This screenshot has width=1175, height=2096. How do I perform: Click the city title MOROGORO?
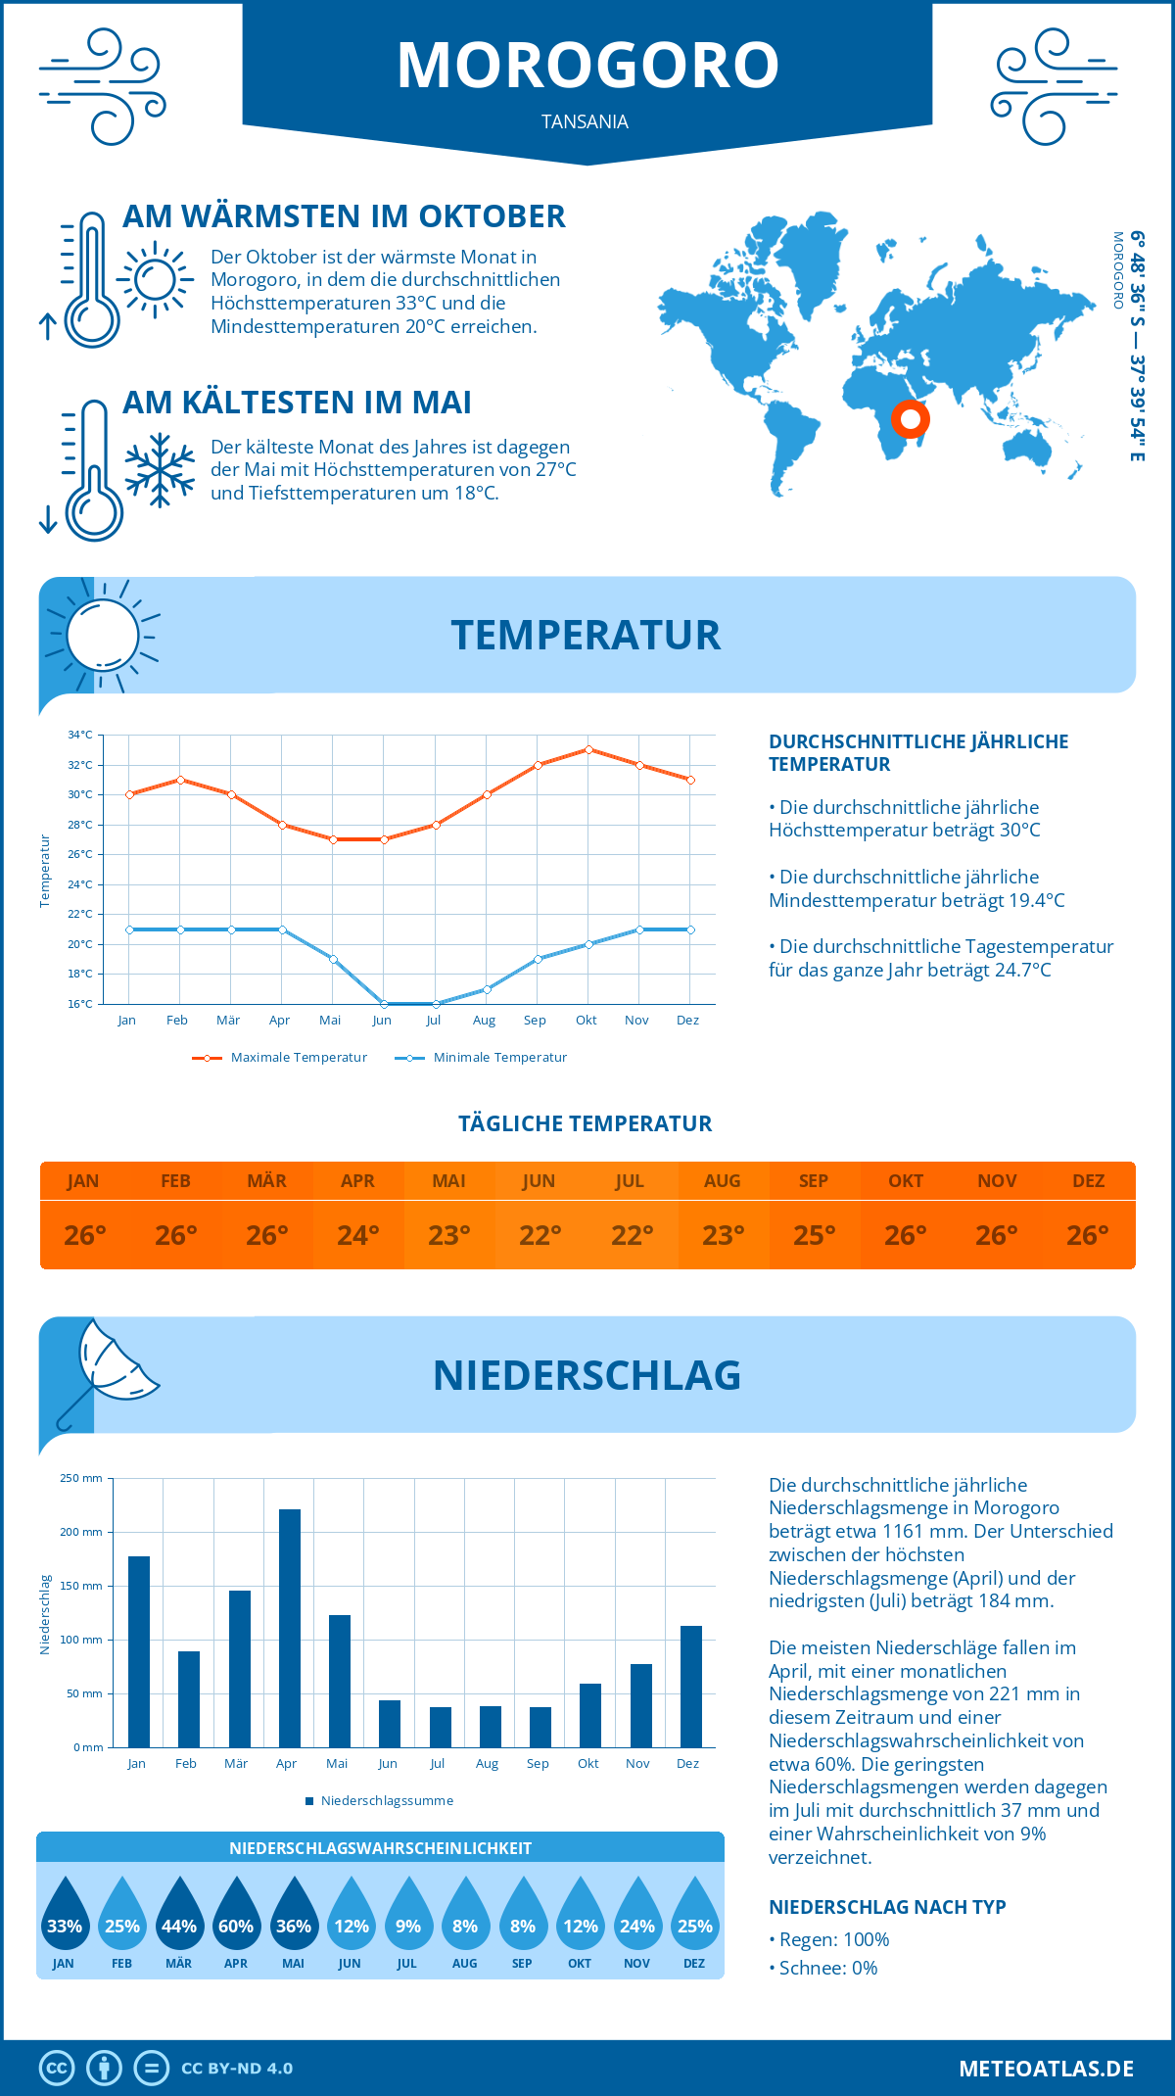pyautogui.click(x=587, y=66)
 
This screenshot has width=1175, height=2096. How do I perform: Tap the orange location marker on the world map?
pyautogui.click(x=911, y=419)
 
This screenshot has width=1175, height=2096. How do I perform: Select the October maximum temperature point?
pyautogui.click(x=588, y=749)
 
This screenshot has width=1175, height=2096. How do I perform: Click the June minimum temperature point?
pyautogui.click(x=384, y=1004)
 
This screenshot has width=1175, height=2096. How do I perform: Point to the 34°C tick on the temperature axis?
pyautogui.click(x=80, y=735)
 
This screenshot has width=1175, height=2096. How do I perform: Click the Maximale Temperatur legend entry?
pyautogui.click(x=280, y=1058)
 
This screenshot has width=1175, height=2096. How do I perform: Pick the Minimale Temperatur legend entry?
pyautogui.click(x=482, y=1058)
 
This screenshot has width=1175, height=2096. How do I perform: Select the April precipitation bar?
pyautogui.click(x=290, y=1628)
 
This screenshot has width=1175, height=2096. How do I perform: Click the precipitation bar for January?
pyautogui.click(x=139, y=1651)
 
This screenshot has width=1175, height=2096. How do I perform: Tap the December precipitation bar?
pyautogui.click(x=691, y=1687)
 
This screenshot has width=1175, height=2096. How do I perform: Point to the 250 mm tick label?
pyautogui.click(x=81, y=1478)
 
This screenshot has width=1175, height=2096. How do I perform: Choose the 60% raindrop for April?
pyautogui.click(x=236, y=1913)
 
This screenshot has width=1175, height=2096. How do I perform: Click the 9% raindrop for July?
pyautogui.click(x=408, y=1913)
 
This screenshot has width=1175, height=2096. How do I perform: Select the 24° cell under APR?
pyautogui.click(x=358, y=1235)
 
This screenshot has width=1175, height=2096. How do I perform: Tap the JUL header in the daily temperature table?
pyautogui.click(x=630, y=1181)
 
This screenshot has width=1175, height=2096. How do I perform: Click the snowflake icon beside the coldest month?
pyautogui.click(x=160, y=470)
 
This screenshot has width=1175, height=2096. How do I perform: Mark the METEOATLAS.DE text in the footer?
pyautogui.click(x=1046, y=2069)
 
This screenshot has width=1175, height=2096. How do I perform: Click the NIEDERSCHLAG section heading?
pyautogui.click(x=587, y=1375)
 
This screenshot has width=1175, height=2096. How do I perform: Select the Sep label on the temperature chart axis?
pyautogui.click(x=535, y=1021)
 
